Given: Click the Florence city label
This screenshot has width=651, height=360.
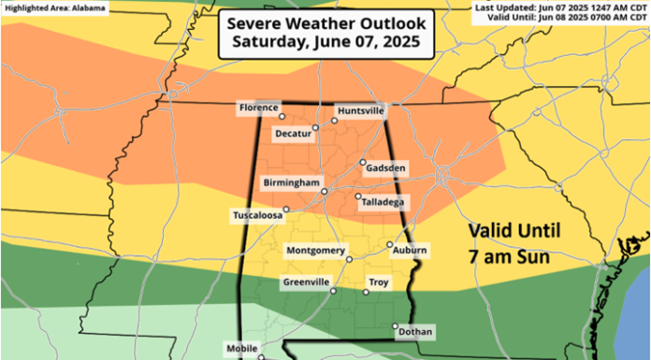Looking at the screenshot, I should (x=259, y=108).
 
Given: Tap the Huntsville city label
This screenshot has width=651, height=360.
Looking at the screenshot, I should (x=360, y=110).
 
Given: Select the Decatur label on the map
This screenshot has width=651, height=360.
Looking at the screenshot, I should (x=297, y=134).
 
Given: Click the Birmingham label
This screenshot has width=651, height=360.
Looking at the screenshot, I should (x=292, y=180).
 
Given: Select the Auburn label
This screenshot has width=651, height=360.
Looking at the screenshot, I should (x=411, y=251).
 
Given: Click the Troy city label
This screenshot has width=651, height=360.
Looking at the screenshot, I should (x=379, y=281).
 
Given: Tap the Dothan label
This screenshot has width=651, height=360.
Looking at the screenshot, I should (x=414, y=332).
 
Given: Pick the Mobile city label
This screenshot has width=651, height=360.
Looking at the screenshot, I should (x=241, y=349).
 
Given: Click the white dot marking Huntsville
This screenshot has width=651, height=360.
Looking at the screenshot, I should (x=334, y=121).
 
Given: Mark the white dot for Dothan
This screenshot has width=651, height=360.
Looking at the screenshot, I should (x=395, y=325).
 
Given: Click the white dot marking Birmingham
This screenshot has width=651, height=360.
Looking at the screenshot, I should (x=324, y=192).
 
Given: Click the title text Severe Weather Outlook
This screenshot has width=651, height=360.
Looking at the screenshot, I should (x=325, y=22).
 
